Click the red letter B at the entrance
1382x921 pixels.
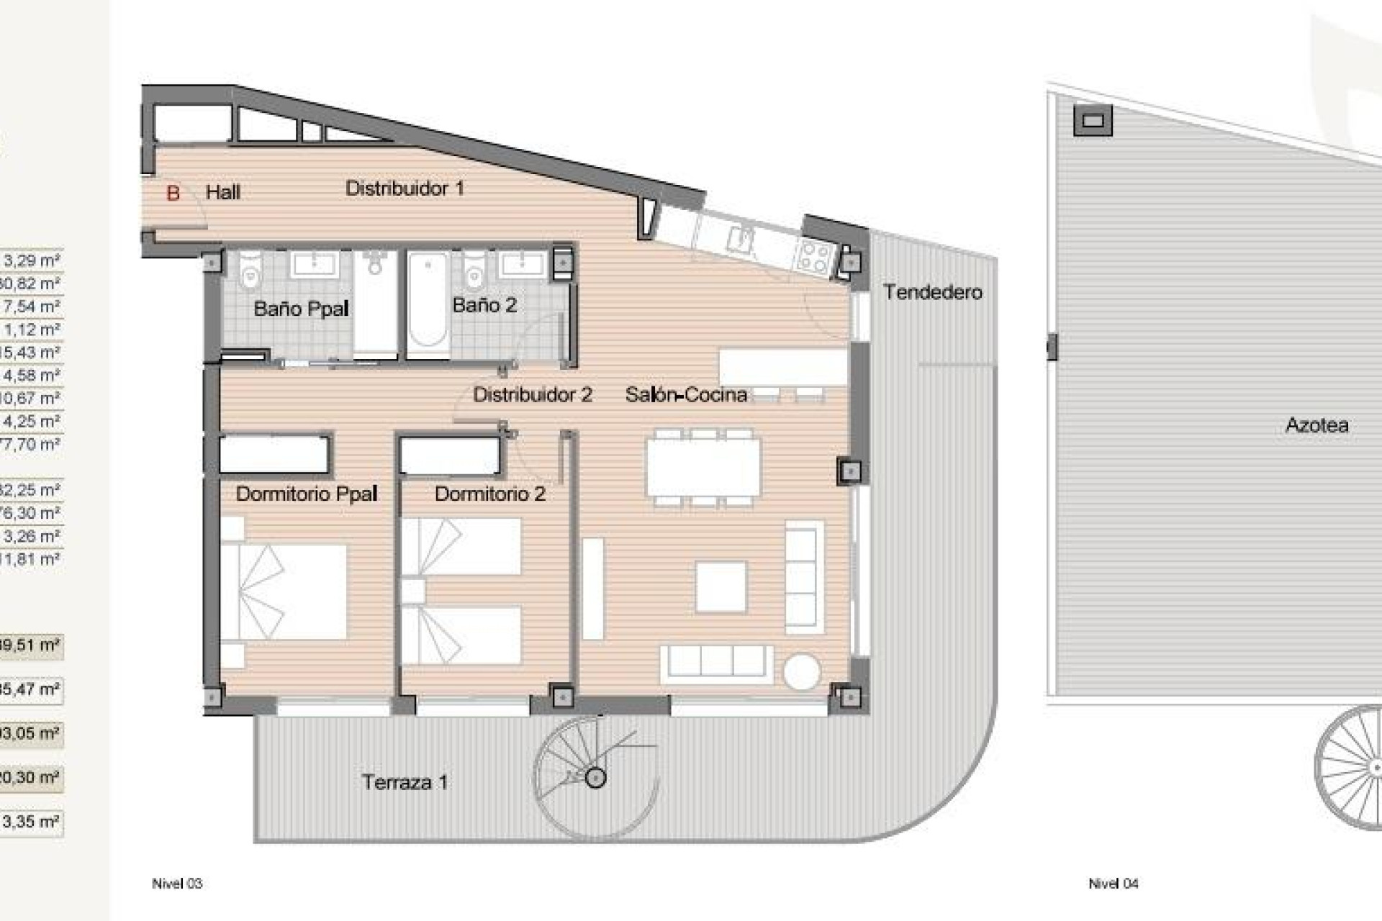173,193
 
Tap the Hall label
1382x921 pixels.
223,192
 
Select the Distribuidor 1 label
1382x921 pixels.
405,189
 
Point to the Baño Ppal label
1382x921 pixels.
301,309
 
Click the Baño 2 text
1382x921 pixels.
484,305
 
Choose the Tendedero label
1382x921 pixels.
932,292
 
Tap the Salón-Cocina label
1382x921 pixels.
685,394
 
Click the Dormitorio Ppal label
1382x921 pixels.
307,494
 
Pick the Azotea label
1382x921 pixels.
1316,425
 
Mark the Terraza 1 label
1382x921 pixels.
405,782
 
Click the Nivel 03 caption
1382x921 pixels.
177,884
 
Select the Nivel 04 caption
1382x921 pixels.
1113,884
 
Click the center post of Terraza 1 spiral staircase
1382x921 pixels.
595,777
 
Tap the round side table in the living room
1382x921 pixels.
801,672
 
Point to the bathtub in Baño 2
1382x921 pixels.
428,306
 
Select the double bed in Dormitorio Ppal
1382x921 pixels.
284,591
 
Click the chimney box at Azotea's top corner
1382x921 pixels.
1093,121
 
